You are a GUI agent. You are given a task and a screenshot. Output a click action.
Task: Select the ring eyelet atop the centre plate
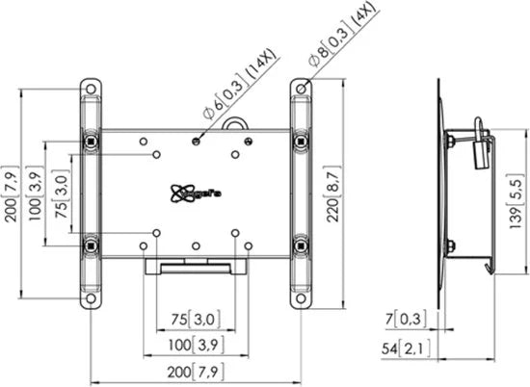235,123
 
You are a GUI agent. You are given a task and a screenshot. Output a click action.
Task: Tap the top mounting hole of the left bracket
91,89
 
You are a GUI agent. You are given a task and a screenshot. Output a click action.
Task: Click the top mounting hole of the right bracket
303,89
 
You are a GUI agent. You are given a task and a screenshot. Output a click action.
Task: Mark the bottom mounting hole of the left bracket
91,297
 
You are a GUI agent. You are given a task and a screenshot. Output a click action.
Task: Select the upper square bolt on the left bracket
91,142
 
